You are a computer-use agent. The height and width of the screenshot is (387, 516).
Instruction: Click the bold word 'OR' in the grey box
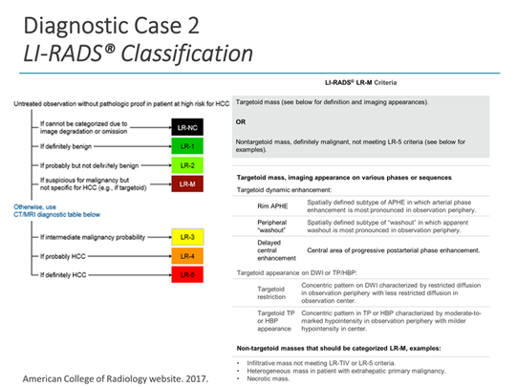[242, 121]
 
